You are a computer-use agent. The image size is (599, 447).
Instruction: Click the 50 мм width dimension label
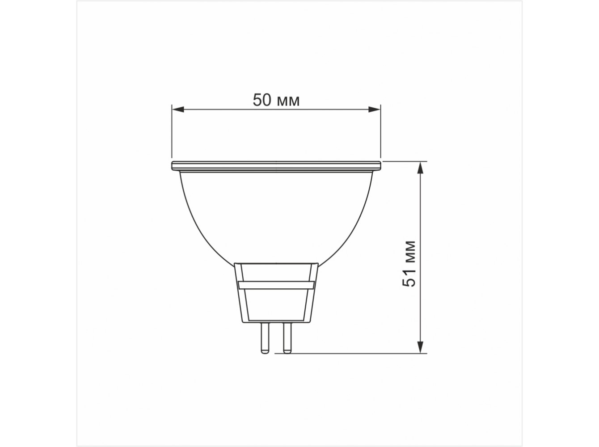click(x=276, y=100)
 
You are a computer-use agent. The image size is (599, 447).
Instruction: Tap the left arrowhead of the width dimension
click(x=177, y=110)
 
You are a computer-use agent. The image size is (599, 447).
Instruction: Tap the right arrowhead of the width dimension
click(x=375, y=110)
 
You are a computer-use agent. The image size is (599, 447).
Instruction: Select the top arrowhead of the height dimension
click(x=421, y=167)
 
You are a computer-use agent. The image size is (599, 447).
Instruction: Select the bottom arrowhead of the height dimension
click(x=421, y=347)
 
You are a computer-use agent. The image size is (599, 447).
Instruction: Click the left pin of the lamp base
click(x=265, y=338)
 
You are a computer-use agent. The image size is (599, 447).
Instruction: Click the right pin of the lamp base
click(x=287, y=338)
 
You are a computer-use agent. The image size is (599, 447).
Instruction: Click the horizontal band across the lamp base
click(x=276, y=285)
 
